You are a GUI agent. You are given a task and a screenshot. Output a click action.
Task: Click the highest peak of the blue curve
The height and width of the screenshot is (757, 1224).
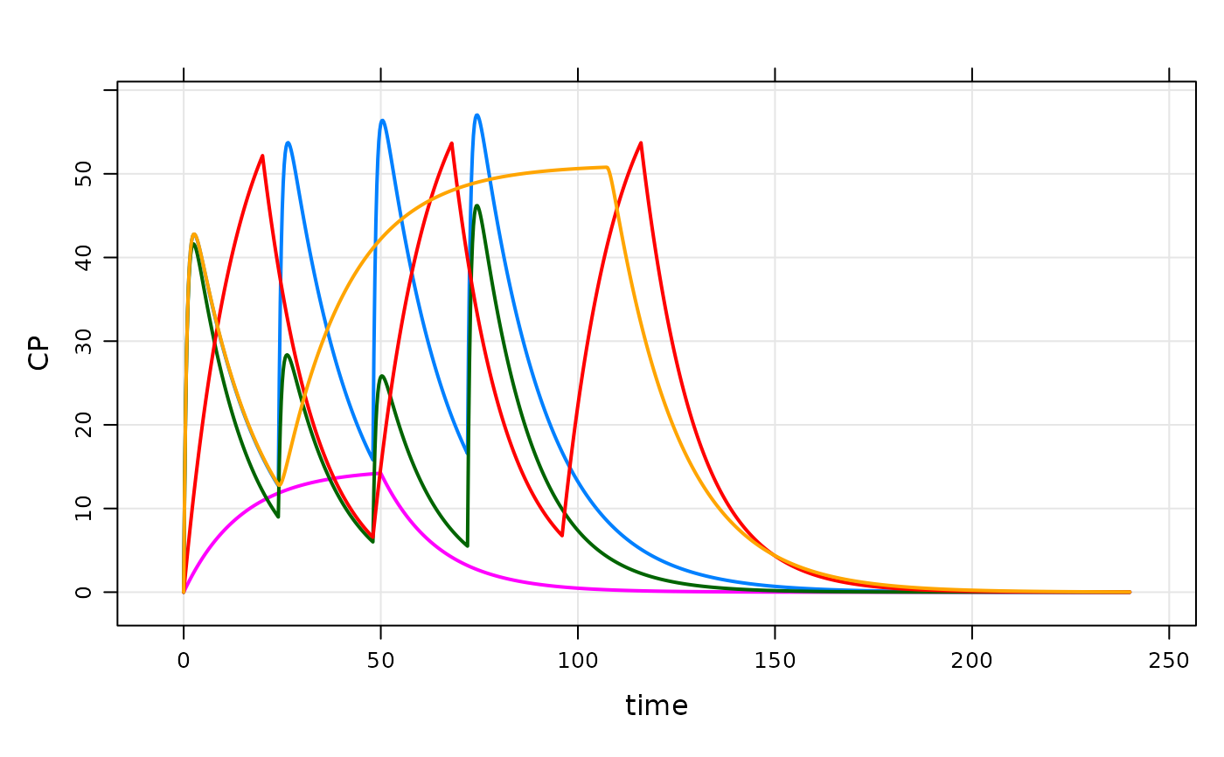click(476, 115)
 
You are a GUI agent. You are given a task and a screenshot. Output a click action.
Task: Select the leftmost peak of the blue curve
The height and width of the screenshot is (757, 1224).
click(287, 142)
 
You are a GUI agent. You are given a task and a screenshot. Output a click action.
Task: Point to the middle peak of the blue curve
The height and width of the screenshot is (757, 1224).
click(382, 120)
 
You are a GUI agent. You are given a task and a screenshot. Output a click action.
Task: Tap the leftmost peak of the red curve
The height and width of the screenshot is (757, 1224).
click(262, 156)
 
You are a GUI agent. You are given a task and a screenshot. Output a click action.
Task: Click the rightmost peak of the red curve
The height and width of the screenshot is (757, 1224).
click(642, 142)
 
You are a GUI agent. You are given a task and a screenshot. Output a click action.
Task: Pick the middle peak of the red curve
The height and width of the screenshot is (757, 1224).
click(451, 142)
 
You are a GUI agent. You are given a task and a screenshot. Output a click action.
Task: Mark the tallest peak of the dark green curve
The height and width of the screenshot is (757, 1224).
click(476, 205)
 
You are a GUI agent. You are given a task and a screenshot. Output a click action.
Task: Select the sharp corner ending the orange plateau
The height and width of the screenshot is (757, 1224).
click(608, 167)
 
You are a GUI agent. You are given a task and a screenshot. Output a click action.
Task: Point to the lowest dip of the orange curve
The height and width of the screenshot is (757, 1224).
click(280, 485)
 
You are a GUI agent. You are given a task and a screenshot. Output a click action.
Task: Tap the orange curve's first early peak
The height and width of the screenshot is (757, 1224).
click(194, 233)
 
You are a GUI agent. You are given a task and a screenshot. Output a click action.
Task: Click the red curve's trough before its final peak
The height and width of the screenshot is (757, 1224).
click(562, 536)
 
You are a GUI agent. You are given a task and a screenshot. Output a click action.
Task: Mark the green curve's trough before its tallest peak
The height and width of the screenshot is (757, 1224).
click(467, 546)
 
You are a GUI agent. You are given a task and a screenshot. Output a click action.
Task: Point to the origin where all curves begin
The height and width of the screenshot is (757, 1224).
click(184, 592)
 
